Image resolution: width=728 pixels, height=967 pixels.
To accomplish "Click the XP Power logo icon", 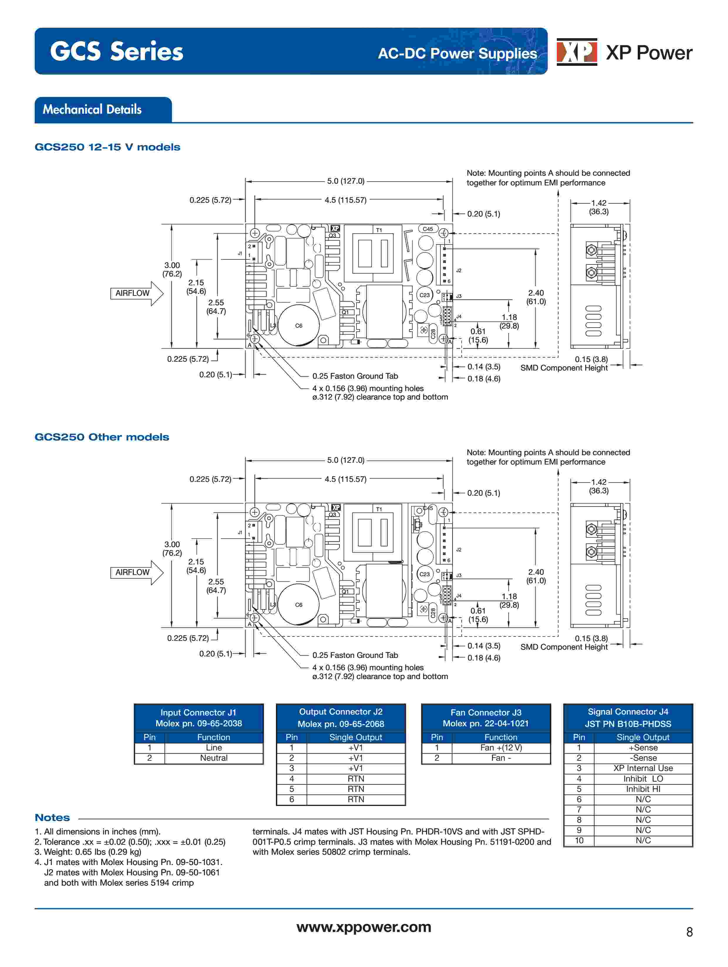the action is pyautogui.click(x=576, y=52).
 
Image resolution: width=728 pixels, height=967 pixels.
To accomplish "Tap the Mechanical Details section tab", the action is pyautogui.click(x=103, y=109).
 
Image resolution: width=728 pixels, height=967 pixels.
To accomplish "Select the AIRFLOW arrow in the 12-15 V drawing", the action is pyautogui.click(x=137, y=293).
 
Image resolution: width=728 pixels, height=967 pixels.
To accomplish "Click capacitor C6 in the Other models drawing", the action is pyautogui.click(x=298, y=605).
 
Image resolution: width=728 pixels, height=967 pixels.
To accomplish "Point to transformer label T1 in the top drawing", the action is pyautogui.click(x=379, y=230).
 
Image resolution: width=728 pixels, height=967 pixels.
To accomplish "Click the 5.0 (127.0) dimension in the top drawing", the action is pyautogui.click(x=346, y=181).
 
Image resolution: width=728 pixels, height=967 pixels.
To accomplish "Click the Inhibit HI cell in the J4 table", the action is pyautogui.click(x=643, y=789).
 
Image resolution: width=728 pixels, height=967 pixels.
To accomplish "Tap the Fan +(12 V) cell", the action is pyautogui.click(x=501, y=748).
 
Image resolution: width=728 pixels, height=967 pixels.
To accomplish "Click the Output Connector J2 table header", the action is pyautogui.click(x=341, y=717).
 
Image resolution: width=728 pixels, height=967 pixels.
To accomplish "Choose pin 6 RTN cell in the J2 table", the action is pyautogui.click(x=356, y=799).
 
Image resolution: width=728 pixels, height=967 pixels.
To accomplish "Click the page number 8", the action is pyautogui.click(x=689, y=932).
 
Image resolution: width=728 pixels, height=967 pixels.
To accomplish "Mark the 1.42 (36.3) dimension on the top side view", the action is pyautogui.click(x=599, y=207).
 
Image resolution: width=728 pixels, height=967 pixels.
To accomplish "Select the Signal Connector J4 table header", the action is pyautogui.click(x=628, y=717).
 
